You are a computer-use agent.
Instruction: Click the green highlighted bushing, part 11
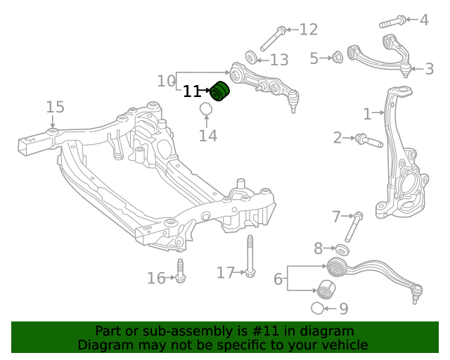pos(221,91)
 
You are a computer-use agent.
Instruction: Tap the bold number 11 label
pos(193,91)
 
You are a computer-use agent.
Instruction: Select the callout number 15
pos(55,107)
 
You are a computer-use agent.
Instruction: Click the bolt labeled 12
pos(271,39)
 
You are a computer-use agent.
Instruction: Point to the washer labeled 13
pos(251,56)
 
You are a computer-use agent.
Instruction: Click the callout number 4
pos(423,20)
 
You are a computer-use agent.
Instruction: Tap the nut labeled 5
pos(337,58)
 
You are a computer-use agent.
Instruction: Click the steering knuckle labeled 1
pos(398,155)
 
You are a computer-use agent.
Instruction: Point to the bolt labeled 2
pos(368,141)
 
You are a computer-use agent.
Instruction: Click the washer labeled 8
pos(342,249)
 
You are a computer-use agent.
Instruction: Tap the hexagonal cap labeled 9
pos(317,308)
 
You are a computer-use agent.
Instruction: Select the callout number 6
pos(278,279)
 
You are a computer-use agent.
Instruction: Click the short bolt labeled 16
pos(181,273)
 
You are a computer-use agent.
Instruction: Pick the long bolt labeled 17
pos(250,257)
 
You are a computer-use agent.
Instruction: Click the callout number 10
pos(166,81)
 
